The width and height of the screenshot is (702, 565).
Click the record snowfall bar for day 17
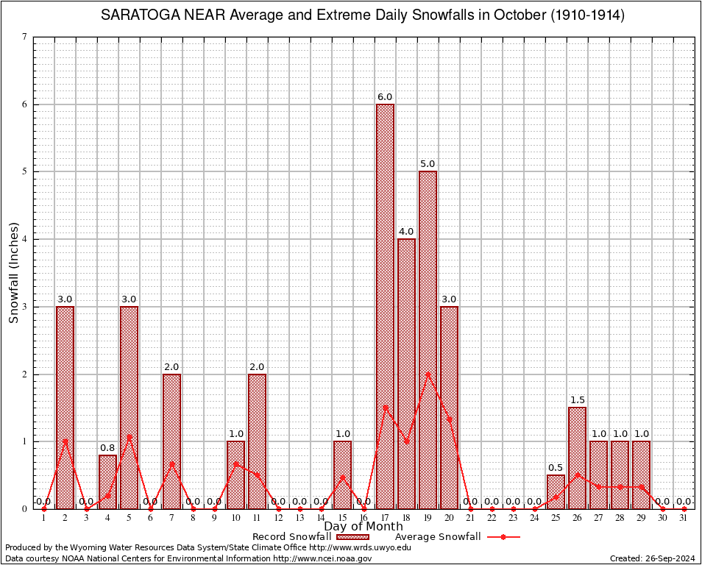click(385, 306)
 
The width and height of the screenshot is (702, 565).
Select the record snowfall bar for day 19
click(428, 339)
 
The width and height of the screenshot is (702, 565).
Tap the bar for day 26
click(577, 458)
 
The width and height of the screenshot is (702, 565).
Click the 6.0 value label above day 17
click(385, 97)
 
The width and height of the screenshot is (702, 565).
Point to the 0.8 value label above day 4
click(107, 447)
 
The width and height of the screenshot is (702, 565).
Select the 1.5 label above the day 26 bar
click(577, 400)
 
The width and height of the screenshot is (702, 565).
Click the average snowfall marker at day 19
click(428, 374)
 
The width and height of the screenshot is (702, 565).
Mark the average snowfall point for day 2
click(65, 441)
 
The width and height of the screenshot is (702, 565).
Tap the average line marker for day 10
click(235, 463)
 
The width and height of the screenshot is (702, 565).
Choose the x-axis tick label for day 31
click(684, 518)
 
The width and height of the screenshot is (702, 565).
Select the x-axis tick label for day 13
click(299, 518)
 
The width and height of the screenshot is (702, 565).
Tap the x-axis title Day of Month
click(364, 527)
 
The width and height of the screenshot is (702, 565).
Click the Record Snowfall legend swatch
click(353, 537)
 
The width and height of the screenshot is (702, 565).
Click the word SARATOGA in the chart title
click(137, 15)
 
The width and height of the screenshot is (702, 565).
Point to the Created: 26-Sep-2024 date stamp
click(653, 559)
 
